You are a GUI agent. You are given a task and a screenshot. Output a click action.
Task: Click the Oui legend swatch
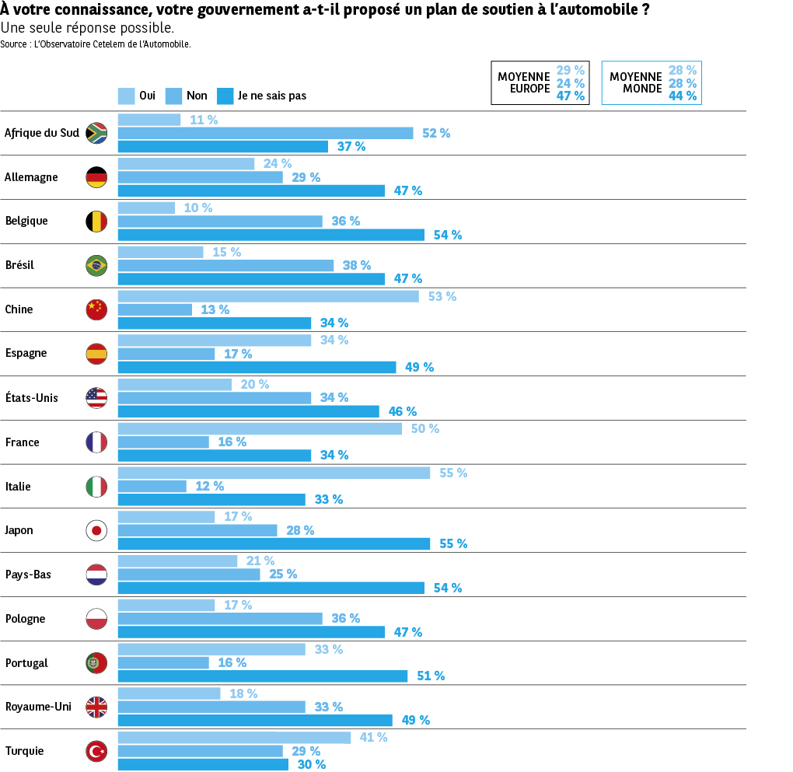tap(126, 96)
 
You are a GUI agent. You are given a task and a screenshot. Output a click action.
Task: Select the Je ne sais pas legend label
tap(272, 96)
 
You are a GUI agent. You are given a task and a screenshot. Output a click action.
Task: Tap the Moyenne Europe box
tap(540, 82)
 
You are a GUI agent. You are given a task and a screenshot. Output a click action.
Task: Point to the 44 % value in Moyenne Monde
tap(683, 96)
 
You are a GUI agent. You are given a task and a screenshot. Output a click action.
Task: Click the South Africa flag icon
tap(96, 133)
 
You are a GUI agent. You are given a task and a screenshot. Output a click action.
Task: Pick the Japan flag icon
tap(96, 531)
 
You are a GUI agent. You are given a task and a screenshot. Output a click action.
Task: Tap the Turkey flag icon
tap(96, 752)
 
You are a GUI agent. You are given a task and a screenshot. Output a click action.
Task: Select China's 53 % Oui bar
tap(267, 296)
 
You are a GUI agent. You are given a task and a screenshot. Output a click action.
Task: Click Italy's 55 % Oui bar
tap(273, 473)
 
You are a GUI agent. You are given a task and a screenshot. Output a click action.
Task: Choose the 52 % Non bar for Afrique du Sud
tap(265, 133)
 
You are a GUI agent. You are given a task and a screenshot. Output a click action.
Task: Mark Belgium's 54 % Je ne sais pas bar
tap(271, 235)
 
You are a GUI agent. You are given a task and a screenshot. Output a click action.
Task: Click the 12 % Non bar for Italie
tap(152, 486)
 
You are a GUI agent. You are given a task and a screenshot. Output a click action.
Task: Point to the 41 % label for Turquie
tap(373, 738)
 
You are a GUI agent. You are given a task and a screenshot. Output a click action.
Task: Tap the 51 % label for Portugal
tap(431, 676)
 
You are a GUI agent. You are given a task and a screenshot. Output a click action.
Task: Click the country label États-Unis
tap(32, 398)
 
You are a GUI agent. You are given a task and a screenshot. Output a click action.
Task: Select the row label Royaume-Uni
tap(38, 707)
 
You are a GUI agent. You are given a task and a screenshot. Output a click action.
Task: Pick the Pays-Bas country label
tap(28, 575)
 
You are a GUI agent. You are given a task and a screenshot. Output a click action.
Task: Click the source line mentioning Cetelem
tap(96, 44)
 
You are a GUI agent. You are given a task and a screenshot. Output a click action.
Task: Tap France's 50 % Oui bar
tap(260, 428)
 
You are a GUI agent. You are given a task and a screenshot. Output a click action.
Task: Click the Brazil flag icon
tap(96, 266)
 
